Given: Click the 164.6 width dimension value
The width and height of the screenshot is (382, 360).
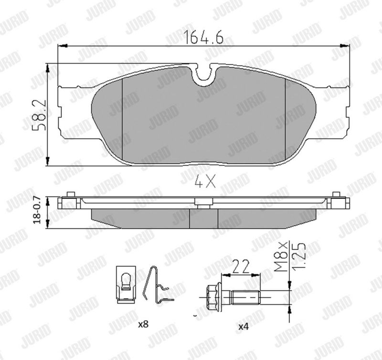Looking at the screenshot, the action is tap(204, 37).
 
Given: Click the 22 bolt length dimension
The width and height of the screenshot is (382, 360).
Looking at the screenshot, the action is tap(241, 266).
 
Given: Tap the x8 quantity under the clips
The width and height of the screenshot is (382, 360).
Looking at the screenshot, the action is tap(143, 324).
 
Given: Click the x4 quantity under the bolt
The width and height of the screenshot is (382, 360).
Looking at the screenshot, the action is tap(244, 327).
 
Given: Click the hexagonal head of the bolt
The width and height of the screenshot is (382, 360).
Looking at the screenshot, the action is tap(212, 297).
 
